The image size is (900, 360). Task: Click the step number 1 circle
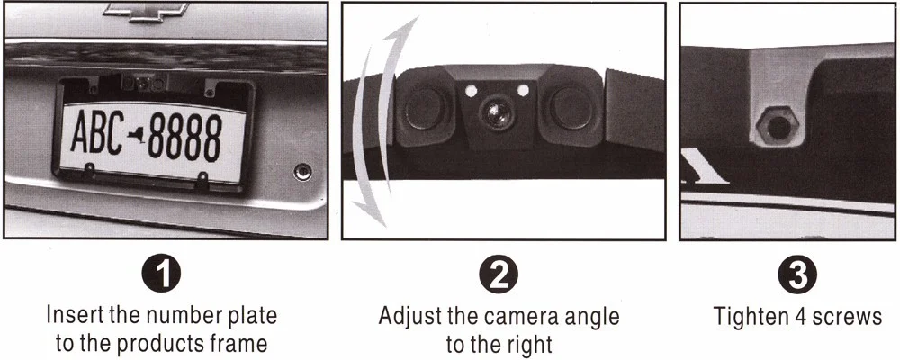[x=162, y=275]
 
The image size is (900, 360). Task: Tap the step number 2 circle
[x=499, y=275]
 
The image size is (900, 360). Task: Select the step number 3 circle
[x=797, y=275]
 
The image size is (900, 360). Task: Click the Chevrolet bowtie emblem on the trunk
[x=147, y=12]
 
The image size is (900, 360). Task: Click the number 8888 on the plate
[x=184, y=138]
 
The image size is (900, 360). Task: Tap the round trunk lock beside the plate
[x=302, y=171]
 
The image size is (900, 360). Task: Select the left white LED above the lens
[x=472, y=91]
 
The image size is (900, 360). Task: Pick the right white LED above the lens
[x=522, y=90]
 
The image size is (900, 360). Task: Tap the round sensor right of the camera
[x=570, y=108]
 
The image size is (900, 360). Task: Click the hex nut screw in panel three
[x=778, y=126]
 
